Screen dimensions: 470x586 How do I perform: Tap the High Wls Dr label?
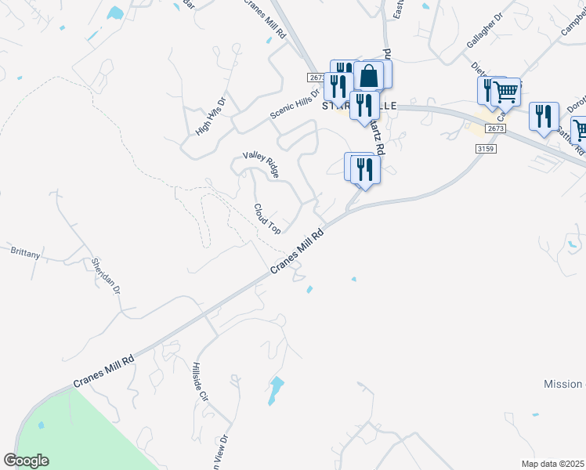pos(210,116)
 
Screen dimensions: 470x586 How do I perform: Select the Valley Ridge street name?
pos(261,165)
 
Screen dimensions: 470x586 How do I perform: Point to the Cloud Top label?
pos(266,219)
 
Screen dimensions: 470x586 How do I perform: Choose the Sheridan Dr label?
pos(107,275)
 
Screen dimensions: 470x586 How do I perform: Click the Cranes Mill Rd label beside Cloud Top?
pos(297,251)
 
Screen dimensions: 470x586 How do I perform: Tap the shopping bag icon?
pos(369,76)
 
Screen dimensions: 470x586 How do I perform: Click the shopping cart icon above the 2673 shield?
pos(506,92)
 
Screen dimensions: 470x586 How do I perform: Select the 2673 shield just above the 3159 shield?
pos(495,128)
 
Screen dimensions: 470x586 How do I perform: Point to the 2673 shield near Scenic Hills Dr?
pos(317,78)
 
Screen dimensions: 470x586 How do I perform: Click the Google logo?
pos(26,461)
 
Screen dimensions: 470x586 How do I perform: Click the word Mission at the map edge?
pos(563,384)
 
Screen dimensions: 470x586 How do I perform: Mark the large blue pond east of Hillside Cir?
pos(274,389)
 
